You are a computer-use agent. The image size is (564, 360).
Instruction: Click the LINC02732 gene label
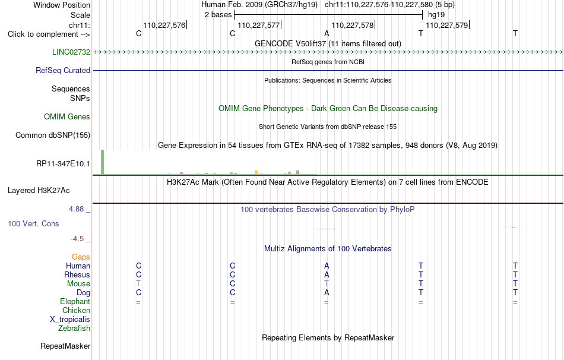[x=71, y=52]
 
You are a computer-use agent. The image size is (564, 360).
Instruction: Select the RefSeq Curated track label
[x=63, y=70]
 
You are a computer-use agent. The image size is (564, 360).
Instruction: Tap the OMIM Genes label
[x=67, y=116]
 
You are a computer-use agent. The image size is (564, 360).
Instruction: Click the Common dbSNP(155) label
[x=53, y=135]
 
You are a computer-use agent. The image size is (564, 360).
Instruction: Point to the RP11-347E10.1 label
[x=63, y=164]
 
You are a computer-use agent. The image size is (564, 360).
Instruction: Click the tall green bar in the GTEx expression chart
[x=103, y=162]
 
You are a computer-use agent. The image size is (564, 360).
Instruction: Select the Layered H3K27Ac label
[x=39, y=191]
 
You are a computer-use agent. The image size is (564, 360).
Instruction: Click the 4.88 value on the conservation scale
[x=76, y=209]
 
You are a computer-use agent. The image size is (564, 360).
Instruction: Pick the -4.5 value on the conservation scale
[x=77, y=239]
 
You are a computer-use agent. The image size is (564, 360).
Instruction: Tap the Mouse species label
[x=78, y=284]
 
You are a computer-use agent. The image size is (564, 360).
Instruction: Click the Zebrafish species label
[x=74, y=329]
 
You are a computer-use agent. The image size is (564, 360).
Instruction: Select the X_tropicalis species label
[x=70, y=320]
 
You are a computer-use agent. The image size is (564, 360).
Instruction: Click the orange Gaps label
[x=81, y=257]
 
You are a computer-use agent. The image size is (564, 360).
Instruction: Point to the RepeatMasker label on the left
[x=65, y=346]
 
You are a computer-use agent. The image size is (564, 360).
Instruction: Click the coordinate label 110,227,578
[x=353, y=25]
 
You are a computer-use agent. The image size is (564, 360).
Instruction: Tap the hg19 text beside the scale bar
[x=436, y=15]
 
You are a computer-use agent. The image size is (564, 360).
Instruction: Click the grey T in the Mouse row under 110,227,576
[x=138, y=284]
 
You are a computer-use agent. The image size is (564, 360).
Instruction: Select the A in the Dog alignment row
[x=327, y=293]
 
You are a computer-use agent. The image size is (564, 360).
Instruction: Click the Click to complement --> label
[x=49, y=34]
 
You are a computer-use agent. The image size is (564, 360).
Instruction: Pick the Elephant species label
[x=75, y=302]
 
